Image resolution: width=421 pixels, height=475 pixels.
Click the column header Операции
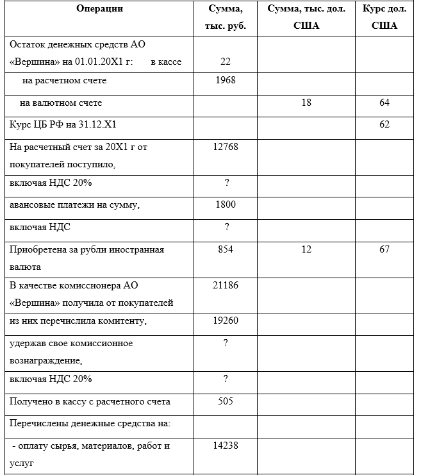coord(99,9)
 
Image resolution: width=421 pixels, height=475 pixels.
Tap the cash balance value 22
coord(226,62)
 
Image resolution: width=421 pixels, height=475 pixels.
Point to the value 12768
coord(226,147)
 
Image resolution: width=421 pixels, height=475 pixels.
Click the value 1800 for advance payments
coord(226,204)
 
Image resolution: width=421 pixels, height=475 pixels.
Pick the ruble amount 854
coord(226,249)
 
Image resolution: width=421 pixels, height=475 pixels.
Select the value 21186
coord(226,285)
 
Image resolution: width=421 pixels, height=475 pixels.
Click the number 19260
coord(226,320)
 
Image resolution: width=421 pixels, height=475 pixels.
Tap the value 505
coord(226,402)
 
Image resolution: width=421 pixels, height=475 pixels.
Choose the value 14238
coord(226,445)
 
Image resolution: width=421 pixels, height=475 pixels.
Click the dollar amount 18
coord(306,103)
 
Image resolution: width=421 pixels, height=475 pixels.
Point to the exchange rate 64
coord(384,103)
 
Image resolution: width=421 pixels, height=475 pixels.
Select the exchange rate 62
coord(384,124)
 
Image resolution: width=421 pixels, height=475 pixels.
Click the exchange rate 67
coord(384,249)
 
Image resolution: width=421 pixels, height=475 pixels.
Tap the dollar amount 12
coord(306,249)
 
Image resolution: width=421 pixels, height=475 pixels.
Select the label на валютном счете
coord(61,103)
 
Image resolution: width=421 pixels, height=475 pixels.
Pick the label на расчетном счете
coord(64,81)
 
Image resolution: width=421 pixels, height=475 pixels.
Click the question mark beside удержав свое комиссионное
coord(226,343)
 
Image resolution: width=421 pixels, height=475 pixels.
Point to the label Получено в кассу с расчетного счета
coord(90,402)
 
